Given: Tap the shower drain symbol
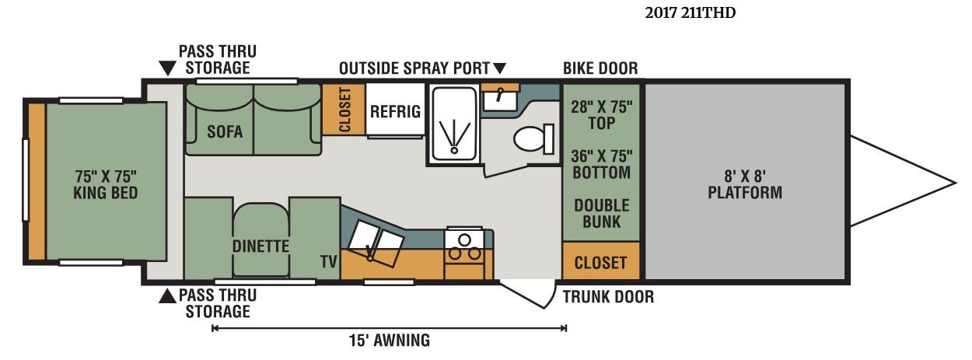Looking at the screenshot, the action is [x=454, y=150].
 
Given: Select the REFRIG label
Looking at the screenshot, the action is [x=395, y=111].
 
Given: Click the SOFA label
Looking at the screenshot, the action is [x=225, y=131].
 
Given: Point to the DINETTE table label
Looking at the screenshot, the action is [x=260, y=246].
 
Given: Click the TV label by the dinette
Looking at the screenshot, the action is [x=328, y=261].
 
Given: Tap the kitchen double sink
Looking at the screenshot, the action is [x=376, y=243].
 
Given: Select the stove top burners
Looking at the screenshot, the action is [x=464, y=248].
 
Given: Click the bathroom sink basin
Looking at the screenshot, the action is [x=500, y=100].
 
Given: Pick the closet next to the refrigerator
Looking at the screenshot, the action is [x=344, y=109].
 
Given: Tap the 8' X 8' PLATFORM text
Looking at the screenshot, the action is [x=745, y=184].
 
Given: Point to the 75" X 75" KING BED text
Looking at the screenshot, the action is [x=106, y=184].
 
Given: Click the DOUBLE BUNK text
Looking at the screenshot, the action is [x=601, y=213].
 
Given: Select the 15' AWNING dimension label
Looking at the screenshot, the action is [x=390, y=341].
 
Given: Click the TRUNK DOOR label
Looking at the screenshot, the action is [x=608, y=297].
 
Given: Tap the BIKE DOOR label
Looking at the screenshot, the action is [x=600, y=68].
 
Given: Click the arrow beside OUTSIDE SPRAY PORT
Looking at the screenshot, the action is [x=499, y=68].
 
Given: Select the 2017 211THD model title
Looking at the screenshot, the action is [x=690, y=13].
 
